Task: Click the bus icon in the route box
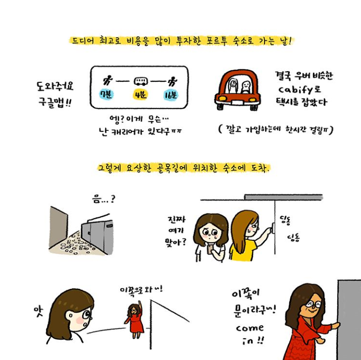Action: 140,81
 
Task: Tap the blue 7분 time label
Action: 106,94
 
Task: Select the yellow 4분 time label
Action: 140,94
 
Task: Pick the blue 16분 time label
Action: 171,95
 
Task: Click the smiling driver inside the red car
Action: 246,86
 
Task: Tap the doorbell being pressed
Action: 273,228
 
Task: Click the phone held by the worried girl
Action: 210,249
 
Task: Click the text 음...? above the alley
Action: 104,198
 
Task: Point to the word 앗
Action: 38,312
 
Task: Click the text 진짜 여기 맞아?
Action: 176,231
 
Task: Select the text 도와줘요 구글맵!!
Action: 55,94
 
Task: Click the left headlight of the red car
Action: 222,98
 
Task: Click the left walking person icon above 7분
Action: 107,80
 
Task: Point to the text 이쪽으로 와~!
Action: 141,289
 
